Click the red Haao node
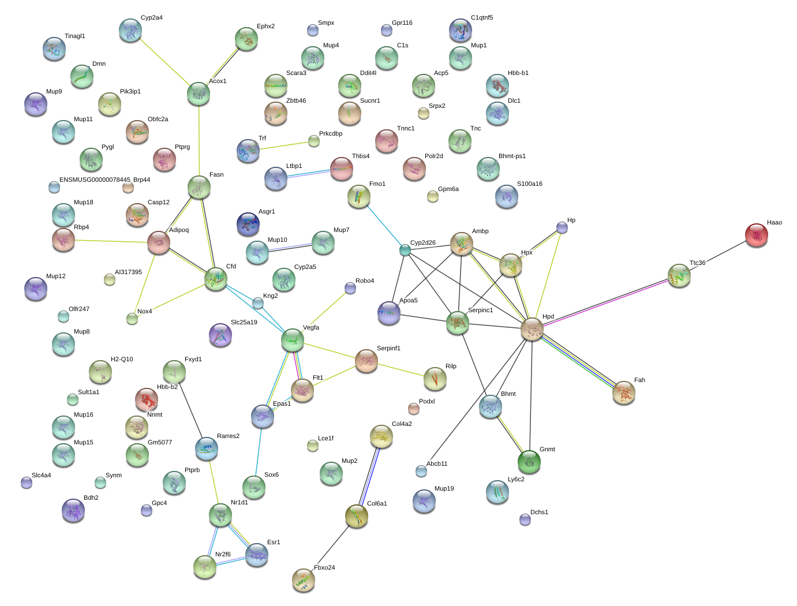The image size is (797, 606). (x=756, y=235)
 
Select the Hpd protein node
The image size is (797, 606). (x=532, y=329)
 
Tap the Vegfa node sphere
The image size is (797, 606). (x=292, y=340)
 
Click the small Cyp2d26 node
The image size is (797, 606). (x=405, y=250)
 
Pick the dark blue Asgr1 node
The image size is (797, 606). (x=248, y=224)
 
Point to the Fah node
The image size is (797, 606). (x=623, y=392)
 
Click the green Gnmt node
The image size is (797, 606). (x=529, y=462)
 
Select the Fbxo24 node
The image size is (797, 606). (x=303, y=580)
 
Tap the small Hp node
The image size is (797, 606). (x=562, y=227)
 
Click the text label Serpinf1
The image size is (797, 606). (x=388, y=348)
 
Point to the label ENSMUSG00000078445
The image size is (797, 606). (x=95, y=179)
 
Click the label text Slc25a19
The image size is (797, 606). (x=244, y=322)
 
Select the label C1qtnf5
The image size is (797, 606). (x=482, y=18)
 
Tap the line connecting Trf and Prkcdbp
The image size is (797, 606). (x=284, y=145)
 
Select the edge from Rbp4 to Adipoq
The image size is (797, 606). (x=111, y=241)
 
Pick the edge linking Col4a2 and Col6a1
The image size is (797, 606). (x=369, y=476)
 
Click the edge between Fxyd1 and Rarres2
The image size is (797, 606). (x=190, y=410)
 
